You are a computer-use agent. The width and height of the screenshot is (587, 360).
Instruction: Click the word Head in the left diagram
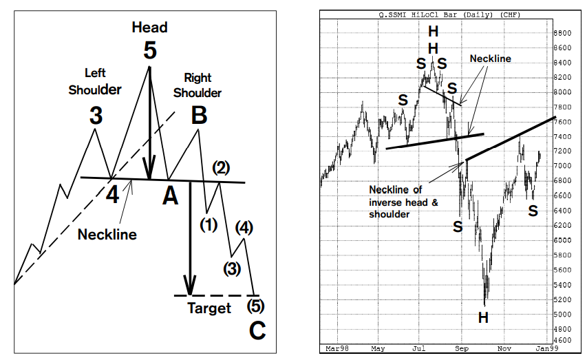click(x=150, y=28)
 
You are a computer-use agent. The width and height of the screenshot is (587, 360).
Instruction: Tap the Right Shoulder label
click(x=198, y=85)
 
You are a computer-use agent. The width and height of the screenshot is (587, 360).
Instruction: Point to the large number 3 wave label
click(x=96, y=116)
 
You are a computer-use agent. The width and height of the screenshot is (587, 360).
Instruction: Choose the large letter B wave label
click(x=199, y=116)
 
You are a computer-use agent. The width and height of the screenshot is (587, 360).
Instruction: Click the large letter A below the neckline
click(x=170, y=197)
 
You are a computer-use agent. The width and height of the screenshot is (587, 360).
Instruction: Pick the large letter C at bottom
click(x=257, y=332)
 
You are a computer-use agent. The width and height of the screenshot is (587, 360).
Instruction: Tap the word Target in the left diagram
click(x=209, y=308)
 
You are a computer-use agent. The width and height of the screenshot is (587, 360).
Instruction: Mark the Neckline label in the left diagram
click(x=107, y=234)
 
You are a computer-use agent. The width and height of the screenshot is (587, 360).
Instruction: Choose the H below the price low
click(x=484, y=317)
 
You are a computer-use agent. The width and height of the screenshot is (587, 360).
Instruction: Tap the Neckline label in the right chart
click(x=490, y=59)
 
